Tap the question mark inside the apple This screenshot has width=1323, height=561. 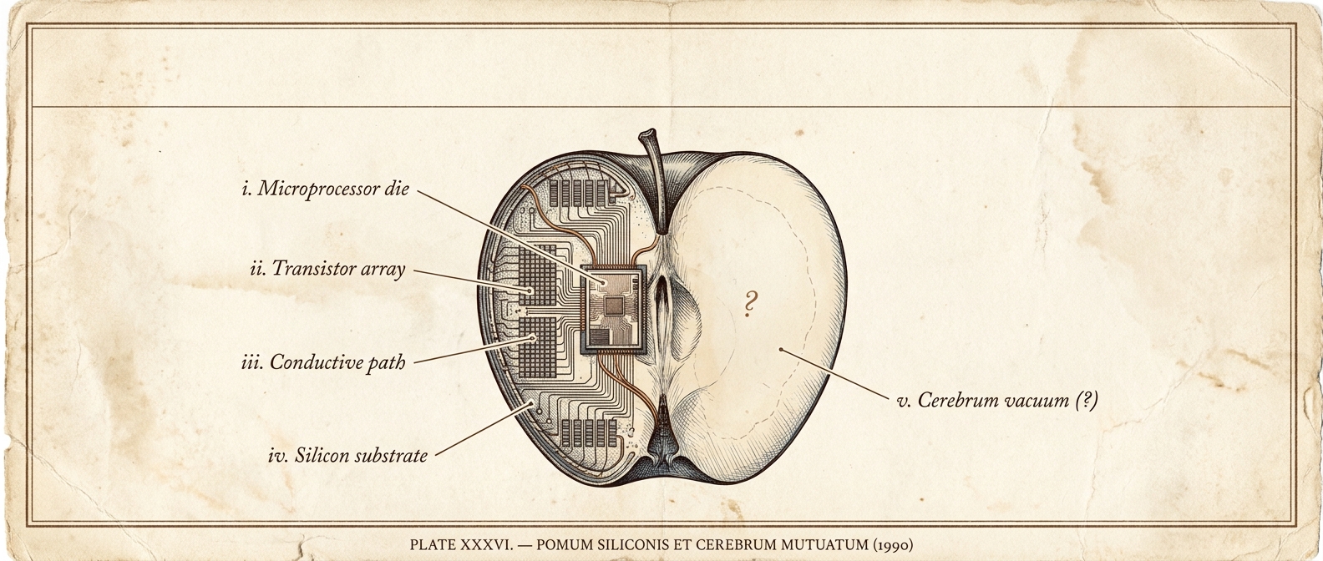[x=751, y=304]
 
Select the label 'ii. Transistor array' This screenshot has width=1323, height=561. [x=327, y=269]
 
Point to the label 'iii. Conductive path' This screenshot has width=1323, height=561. [x=325, y=363]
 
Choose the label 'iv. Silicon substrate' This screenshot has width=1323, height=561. [x=347, y=456]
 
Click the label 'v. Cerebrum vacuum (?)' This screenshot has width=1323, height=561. [x=996, y=401]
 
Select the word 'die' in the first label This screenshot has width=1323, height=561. [x=395, y=189]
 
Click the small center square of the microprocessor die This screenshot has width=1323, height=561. [x=614, y=306]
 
